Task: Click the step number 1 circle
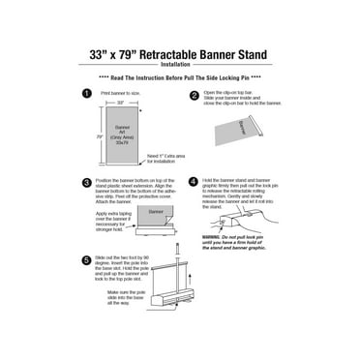tap(86, 94)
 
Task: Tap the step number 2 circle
tap(195, 96)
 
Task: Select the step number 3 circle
tap(86, 182)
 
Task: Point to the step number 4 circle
tap(194, 181)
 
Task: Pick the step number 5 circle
tap(86, 260)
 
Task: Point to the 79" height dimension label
tap(99, 137)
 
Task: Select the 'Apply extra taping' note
tap(117, 219)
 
